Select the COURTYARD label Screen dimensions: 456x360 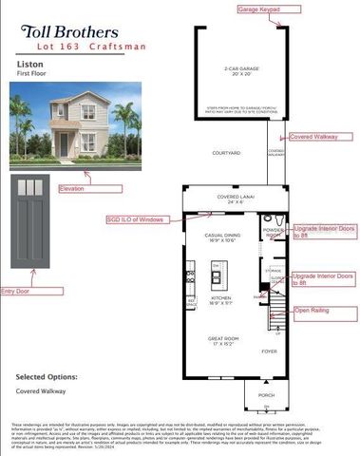(x=225, y=153)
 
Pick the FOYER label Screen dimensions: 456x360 (x=269, y=351)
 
